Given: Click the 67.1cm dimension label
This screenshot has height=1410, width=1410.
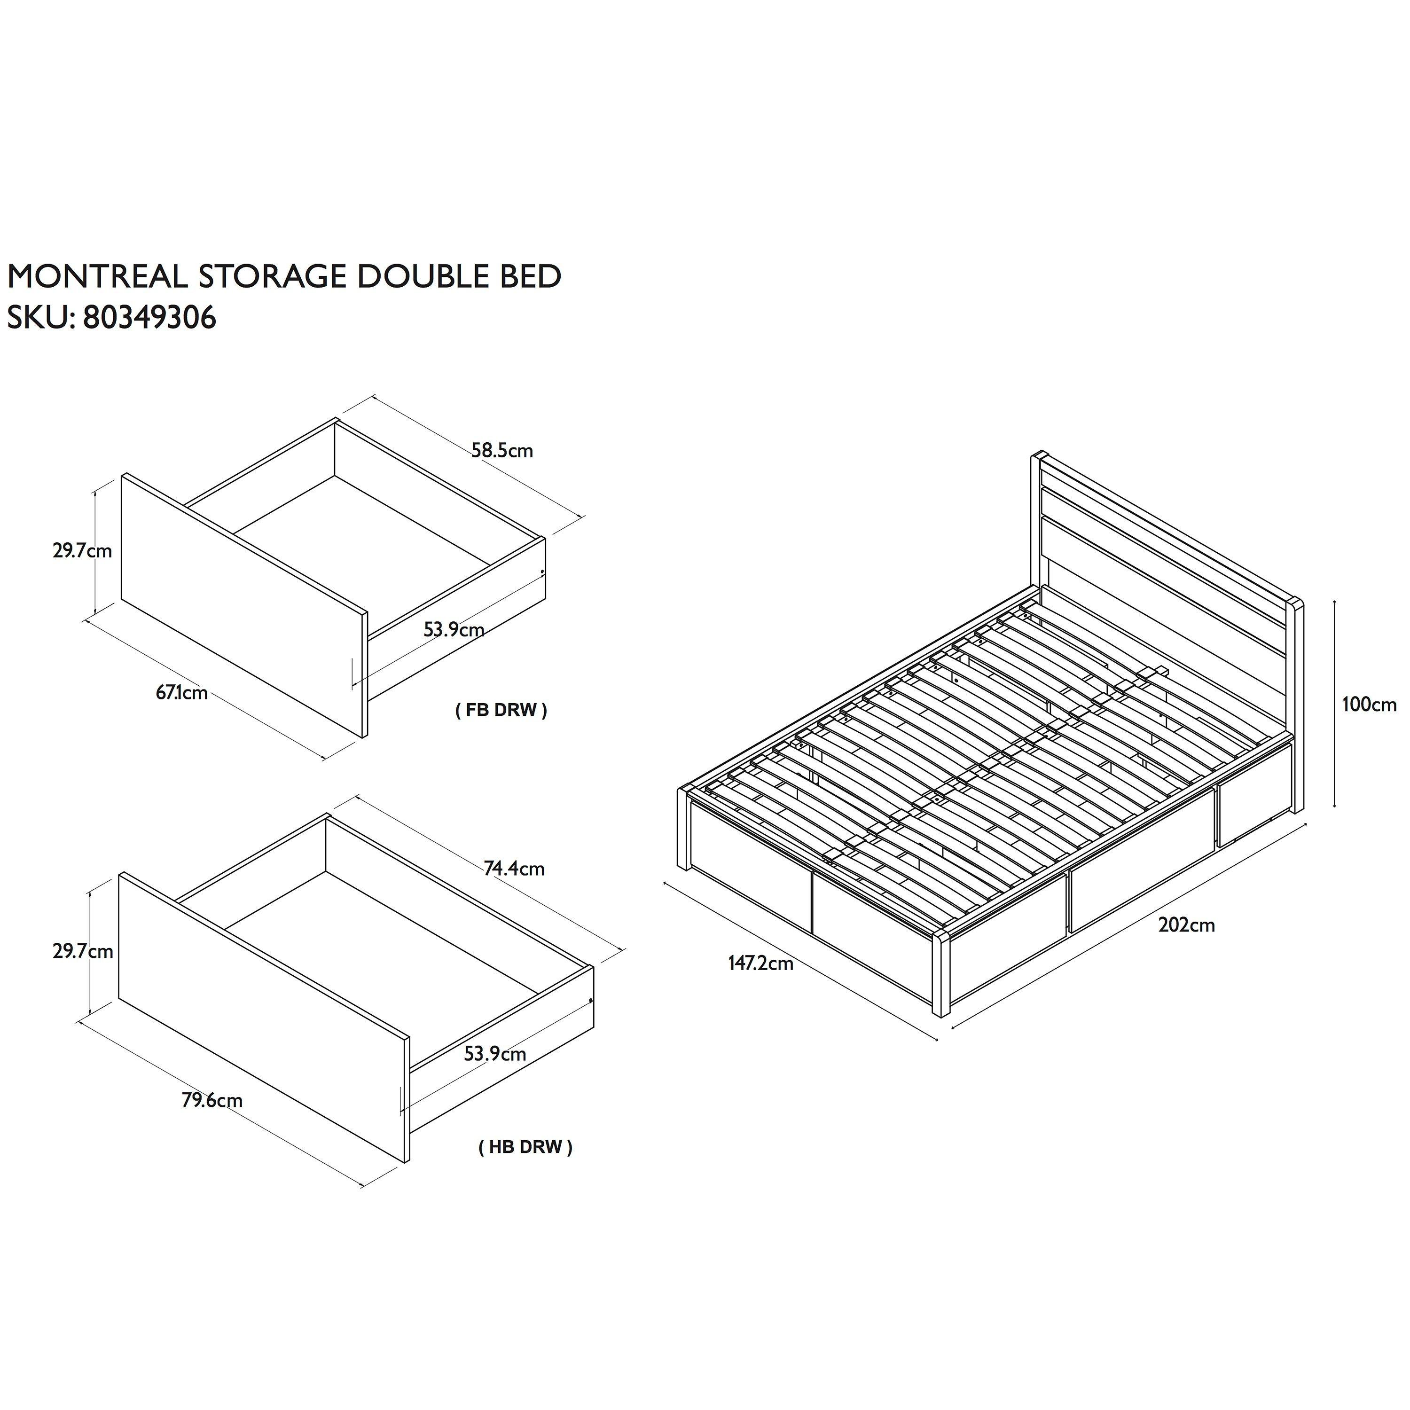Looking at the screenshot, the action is click(x=182, y=693).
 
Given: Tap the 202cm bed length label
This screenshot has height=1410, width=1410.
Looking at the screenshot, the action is click(x=1187, y=925).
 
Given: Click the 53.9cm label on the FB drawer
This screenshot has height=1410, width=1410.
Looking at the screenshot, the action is click(x=454, y=629).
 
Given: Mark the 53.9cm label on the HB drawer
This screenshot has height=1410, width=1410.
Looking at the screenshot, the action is click(x=495, y=1054).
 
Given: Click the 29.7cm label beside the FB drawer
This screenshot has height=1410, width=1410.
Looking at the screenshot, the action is click(x=82, y=550).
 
